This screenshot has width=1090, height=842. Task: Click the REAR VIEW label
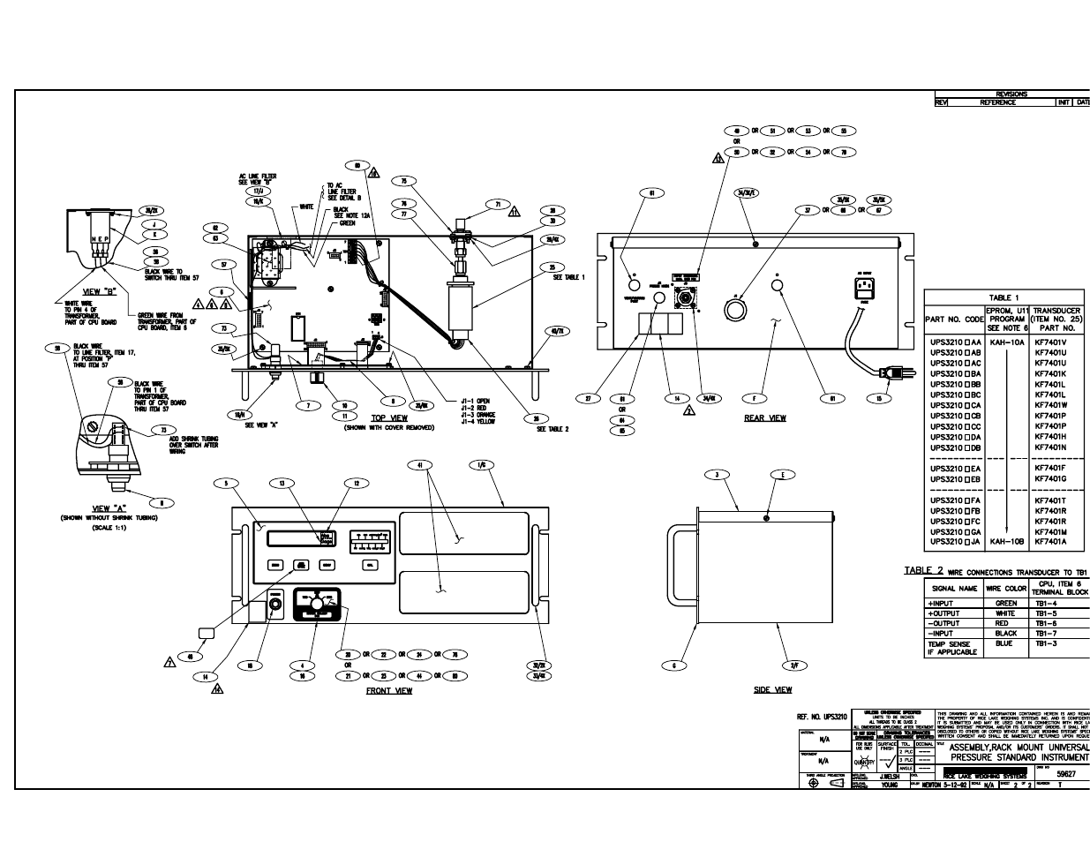[x=764, y=417]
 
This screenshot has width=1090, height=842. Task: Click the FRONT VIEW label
[x=389, y=690]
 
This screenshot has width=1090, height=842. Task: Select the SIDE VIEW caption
[x=772, y=689]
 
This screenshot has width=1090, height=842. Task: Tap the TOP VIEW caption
[x=389, y=417]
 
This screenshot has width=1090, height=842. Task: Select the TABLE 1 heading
[x=1005, y=297]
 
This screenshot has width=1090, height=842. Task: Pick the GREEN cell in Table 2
[x=1005, y=603]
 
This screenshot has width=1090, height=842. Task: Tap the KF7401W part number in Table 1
[x=1051, y=405]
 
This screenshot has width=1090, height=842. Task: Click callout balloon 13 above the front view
[x=282, y=483]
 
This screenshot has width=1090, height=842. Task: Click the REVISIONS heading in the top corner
[x=1011, y=94]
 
